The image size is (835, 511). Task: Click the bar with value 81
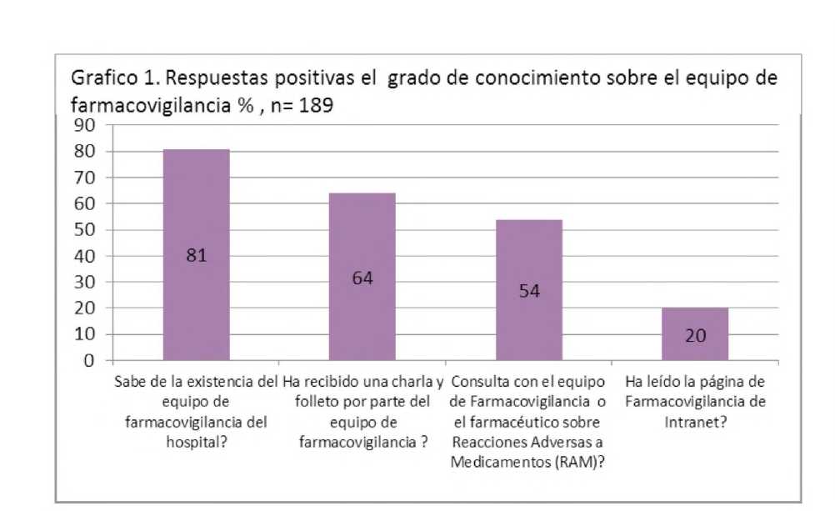coord(197,255)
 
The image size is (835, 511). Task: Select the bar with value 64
coord(362,277)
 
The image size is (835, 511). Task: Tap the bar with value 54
coord(529,290)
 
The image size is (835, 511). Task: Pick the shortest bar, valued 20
coord(695,334)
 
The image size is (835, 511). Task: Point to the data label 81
coord(197,255)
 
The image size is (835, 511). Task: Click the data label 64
coord(362,278)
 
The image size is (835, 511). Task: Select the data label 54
coord(529,290)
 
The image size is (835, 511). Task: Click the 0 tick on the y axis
coord(89,361)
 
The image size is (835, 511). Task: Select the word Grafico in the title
coord(104,78)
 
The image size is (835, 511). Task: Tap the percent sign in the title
coord(246,105)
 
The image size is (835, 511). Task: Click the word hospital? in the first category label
coord(197,442)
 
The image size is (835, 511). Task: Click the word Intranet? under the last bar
coord(695,422)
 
